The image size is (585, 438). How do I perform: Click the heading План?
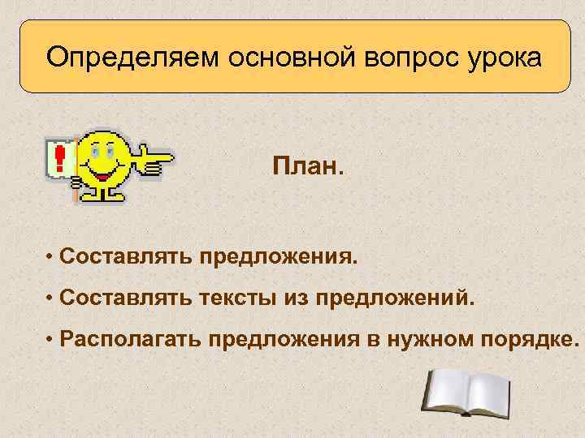point(308,170)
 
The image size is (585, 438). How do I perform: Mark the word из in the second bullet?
point(294,298)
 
